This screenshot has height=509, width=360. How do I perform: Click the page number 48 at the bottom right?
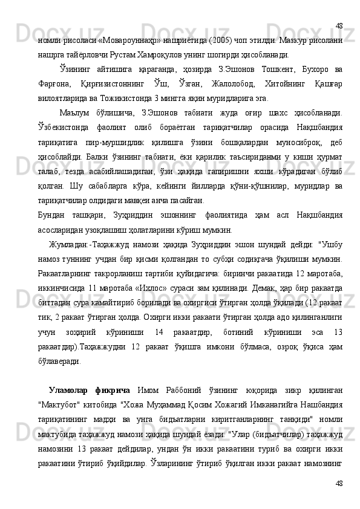point(339,483)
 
